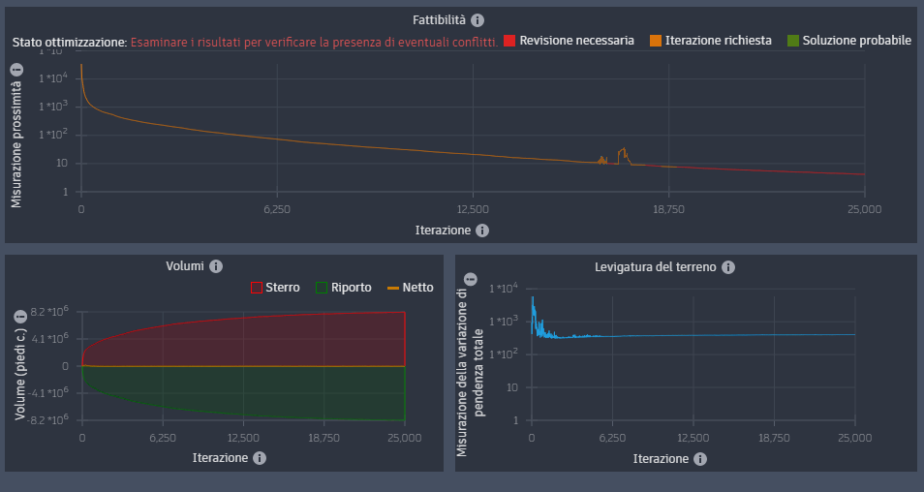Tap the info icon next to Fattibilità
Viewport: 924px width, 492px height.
coord(477,19)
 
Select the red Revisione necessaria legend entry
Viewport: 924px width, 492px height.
coord(569,41)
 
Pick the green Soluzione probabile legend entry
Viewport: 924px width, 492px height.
coord(849,41)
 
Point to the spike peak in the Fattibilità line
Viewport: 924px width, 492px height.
coord(625,149)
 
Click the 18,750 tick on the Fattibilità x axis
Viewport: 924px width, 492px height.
coord(668,209)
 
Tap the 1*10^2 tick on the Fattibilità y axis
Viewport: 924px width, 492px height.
coord(52,135)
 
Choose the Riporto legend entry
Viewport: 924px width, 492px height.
coord(344,288)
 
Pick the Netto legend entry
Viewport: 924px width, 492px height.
coord(412,288)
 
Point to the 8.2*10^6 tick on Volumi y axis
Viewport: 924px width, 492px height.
coord(48,312)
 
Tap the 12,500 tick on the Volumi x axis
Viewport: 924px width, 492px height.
coord(243,438)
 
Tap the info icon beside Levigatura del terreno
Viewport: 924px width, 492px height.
coord(728,267)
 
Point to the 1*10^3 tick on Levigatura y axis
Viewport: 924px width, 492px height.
coord(506,322)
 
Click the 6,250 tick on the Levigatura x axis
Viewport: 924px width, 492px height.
coord(612,438)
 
